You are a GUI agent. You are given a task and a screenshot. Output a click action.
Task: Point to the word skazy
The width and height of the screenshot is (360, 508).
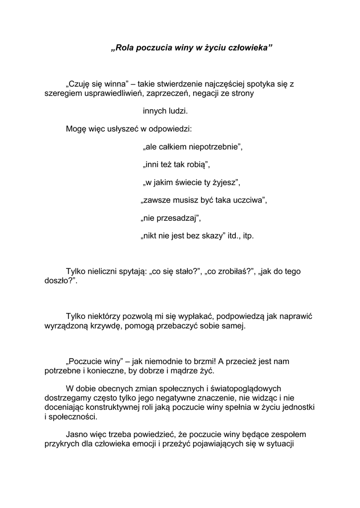click(213, 236)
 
